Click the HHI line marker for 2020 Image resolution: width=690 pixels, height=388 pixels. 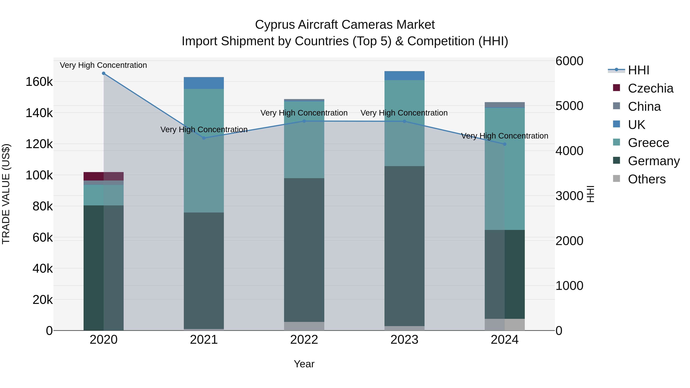coord(104,73)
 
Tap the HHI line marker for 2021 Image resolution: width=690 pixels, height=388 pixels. coord(204,138)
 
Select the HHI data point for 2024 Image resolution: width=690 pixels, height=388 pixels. coord(505,144)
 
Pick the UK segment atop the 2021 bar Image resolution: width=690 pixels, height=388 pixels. coord(204,83)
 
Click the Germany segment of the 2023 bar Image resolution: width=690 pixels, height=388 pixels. coord(404,246)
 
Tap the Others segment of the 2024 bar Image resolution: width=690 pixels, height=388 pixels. coord(505,325)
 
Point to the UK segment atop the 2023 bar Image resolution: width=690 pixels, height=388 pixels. coord(404,75)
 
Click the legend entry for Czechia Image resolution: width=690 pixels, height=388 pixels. coord(650,88)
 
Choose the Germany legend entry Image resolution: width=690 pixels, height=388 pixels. coord(654,161)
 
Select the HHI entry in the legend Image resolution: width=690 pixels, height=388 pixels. coord(639,70)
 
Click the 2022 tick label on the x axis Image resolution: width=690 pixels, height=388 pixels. coord(304,340)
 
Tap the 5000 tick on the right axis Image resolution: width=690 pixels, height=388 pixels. coord(569,106)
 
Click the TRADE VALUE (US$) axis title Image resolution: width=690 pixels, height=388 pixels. coord(6,194)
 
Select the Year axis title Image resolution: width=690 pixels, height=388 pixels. coord(304,364)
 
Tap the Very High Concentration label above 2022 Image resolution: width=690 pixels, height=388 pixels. coord(304,113)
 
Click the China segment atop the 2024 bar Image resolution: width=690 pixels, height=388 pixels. coord(505,105)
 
